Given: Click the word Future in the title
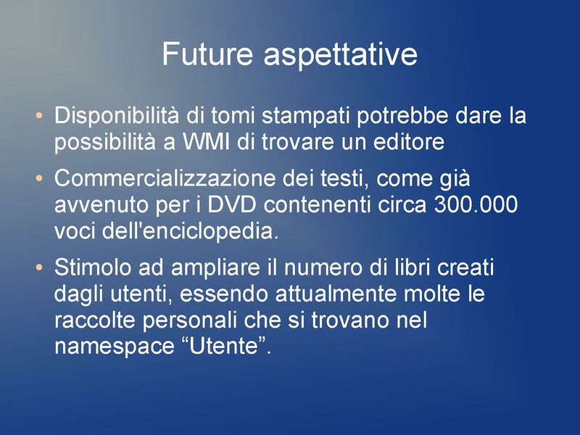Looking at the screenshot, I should click(208, 54).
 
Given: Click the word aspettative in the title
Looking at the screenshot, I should click(340, 55).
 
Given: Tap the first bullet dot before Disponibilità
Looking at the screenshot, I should click(39, 116).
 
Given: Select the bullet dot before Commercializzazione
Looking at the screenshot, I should click(39, 178).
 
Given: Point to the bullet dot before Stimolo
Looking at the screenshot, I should click(39, 269).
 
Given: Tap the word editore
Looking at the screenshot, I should click(408, 143).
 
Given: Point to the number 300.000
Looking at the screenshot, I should click(476, 205).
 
